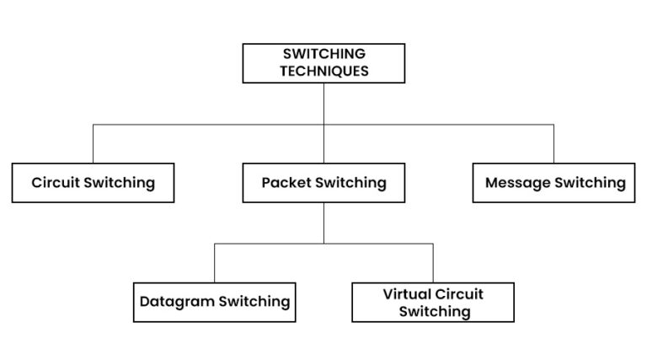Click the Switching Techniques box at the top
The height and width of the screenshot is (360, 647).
pyautogui.click(x=323, y=63)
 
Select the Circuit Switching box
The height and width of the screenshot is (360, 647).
pyautogui.click(x=93, y=183)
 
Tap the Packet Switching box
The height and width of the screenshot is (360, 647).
pyautogui.click(x=323, y=183)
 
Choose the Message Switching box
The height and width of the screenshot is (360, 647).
pyautogui.click(x=554, y=183)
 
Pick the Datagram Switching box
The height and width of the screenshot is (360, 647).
pyautogui.click(x=214, y=302)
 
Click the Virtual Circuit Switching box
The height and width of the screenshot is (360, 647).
pyautogui.click(x=433, y=303)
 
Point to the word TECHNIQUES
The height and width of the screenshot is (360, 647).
pyautogui.click(x=324, y=72)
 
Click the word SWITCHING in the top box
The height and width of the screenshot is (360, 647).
pyautogui.click(x=324, y=55)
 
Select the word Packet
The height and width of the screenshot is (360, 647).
pyautogui.click(x=286, y=183)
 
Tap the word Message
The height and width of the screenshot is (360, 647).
pyautogui.click(x=518, y=183)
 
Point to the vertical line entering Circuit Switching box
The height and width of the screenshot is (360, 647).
pyautogui.click(x=93, y=144)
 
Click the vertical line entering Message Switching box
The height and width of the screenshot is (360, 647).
pyautogui.click(x=554, y=144)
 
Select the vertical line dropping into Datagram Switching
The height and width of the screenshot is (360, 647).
pyautogui.click(x=214, y=263)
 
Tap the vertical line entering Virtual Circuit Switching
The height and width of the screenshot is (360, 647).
pyautogui.click(x=433, y=263)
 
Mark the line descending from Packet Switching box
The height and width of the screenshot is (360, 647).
pyautogui.click(x=323, y=223)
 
